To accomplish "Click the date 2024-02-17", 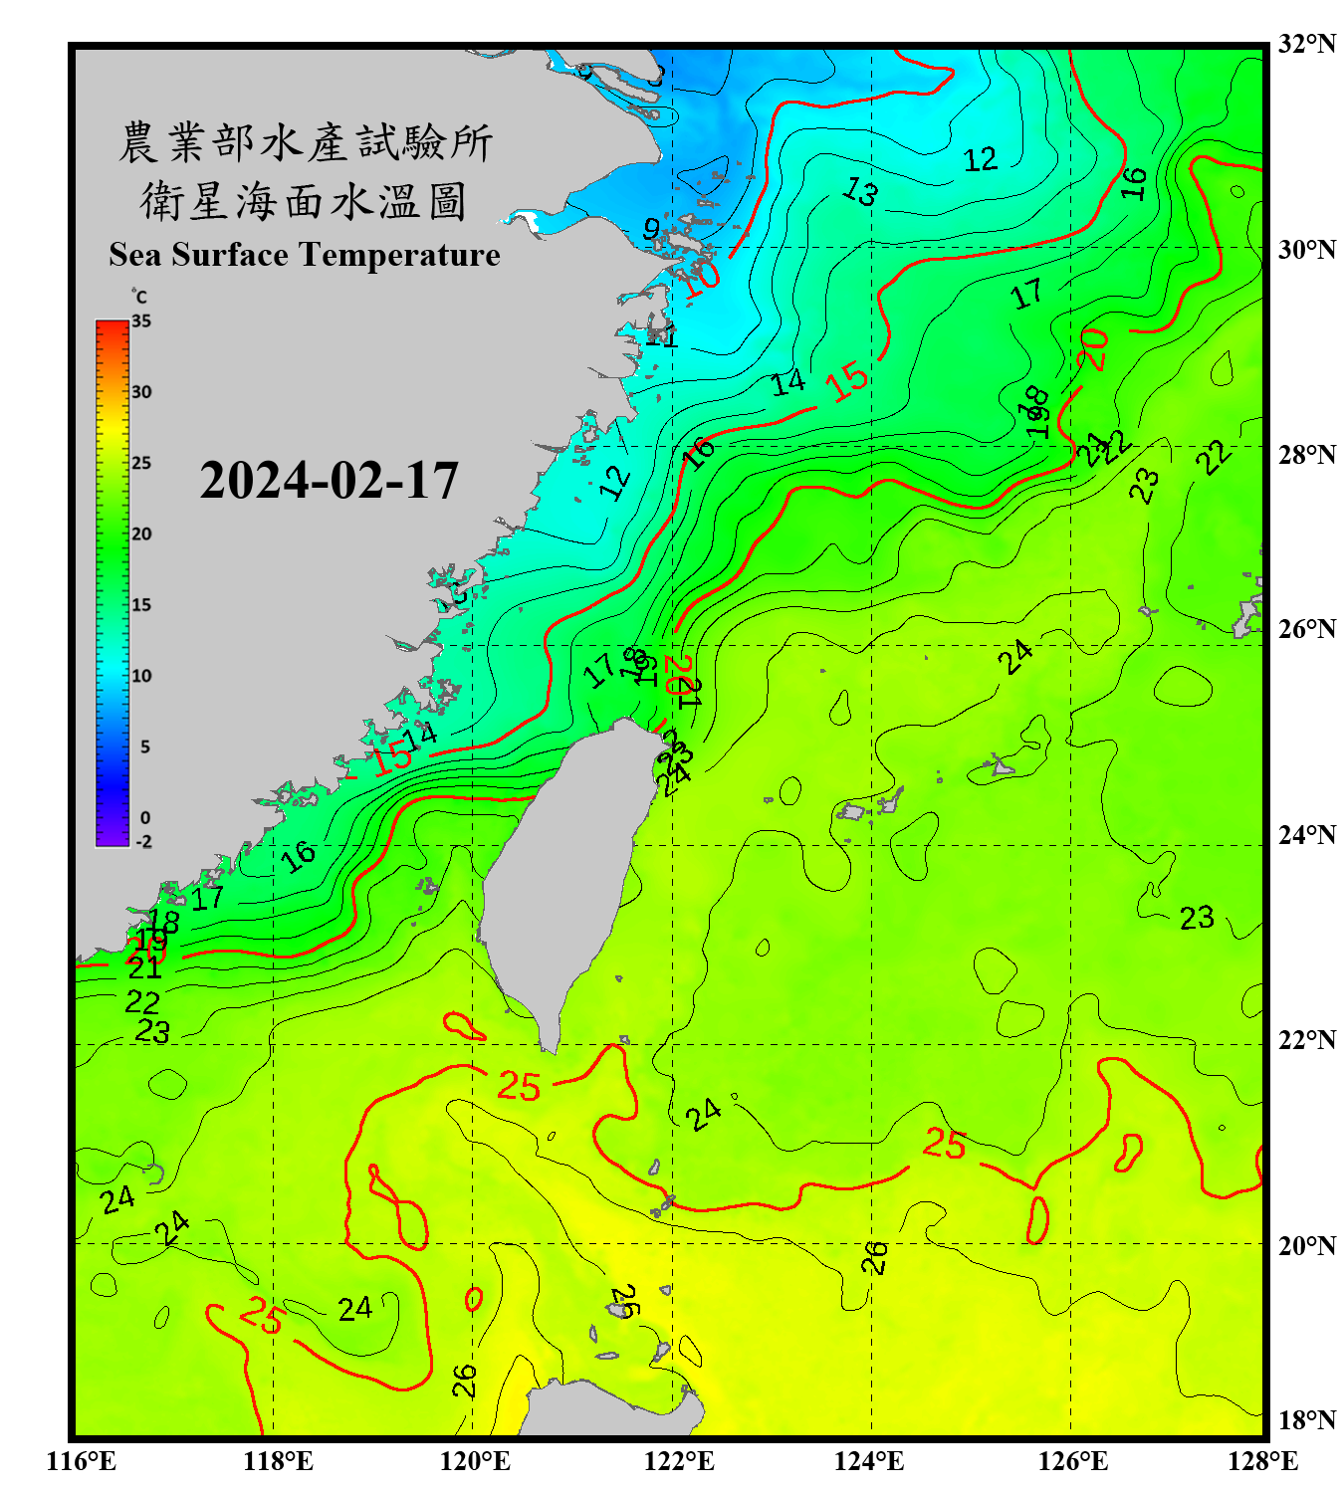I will [x=329, y=481].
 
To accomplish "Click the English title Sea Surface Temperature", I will [x=305, y=255].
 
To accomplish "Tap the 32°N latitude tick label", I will [x=1306, y=44].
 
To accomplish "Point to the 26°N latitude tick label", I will [x=1306, y=629].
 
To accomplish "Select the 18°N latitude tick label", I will [x=1306, y=1420].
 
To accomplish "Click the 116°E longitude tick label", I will [x=82, y=1461].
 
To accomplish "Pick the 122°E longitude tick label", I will [x=679, y=1461].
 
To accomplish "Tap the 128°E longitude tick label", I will [x=1262, y=1461].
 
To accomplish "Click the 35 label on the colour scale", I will [x=141, y=321].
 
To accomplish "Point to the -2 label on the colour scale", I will [x=143, y=842].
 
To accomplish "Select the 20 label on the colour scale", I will [x=141, y=534].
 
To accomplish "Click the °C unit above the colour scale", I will [x=139, y=297].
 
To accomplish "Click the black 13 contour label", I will [x=860, y=190].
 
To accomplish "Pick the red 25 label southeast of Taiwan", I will [x=944, y=1144].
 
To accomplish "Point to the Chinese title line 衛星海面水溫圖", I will [x=305, y=202].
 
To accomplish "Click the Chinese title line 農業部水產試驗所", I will [x=305, y=143].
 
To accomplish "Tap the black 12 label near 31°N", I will [x=980, y=159].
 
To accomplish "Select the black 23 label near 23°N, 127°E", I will [x=1197, y=918].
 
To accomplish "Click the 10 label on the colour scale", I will [x=141, y=677].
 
